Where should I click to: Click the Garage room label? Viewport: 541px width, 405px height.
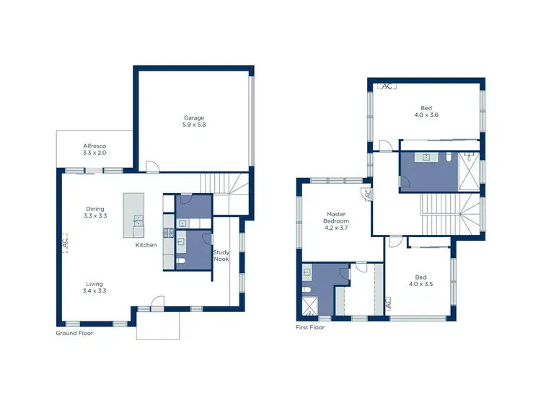[194, 117]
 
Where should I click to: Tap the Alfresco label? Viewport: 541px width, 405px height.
[94, 146]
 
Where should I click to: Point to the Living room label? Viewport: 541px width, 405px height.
[94, 284]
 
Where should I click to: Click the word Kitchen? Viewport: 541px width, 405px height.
[146, 246]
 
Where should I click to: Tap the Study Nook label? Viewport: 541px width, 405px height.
[221, 255]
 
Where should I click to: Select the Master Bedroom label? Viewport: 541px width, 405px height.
[337, 218]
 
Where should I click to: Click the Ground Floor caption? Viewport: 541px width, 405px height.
[74, 334]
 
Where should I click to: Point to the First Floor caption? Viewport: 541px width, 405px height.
[310, 327]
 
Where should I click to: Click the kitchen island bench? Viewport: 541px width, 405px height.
[134, 217]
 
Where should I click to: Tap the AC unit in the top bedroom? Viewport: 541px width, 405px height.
[387, 86]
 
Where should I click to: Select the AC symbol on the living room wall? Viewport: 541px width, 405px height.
[64, 244]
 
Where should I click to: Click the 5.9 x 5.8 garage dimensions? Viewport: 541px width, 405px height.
[194, 125]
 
